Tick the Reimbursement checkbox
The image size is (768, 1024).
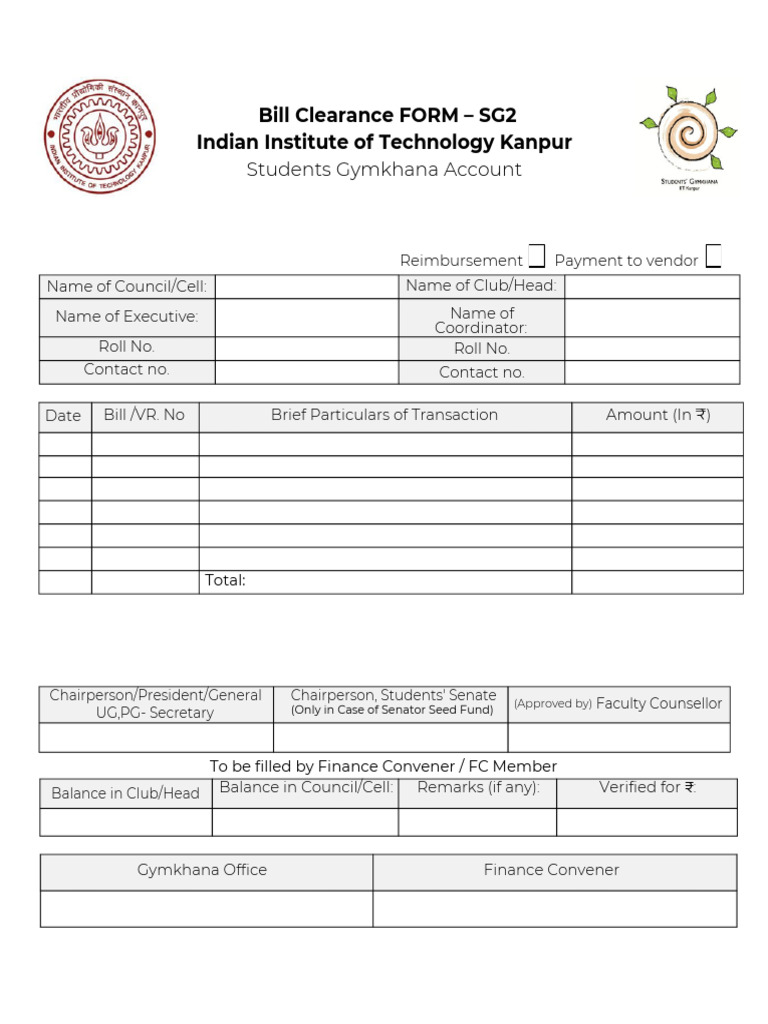click(537, 257)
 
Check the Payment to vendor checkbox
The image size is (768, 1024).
click(713, 257)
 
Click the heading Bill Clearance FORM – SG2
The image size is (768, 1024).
click(388, 115)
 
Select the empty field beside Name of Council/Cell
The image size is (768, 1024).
click(306, 287)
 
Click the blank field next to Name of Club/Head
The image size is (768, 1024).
click(652, 287)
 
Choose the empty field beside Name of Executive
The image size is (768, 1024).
click(306, 318)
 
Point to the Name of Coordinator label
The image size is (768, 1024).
click(481, 320)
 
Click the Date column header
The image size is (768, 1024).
click(64, 416)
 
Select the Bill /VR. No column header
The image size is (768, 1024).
click(144, 415)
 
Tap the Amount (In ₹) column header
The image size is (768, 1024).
click(657, 415)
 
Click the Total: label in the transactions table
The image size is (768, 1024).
click(225, 581)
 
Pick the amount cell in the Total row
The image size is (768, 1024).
click(657, 582)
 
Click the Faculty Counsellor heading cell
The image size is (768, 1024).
click(619, 704)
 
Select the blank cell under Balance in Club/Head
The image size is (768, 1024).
click(126, 822)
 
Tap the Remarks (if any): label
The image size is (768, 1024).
click(478, 788)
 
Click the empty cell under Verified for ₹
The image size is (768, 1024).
click(647, 822)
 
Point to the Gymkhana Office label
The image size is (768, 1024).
click(202, 871)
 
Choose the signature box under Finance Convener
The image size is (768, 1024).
click(554, 909)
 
